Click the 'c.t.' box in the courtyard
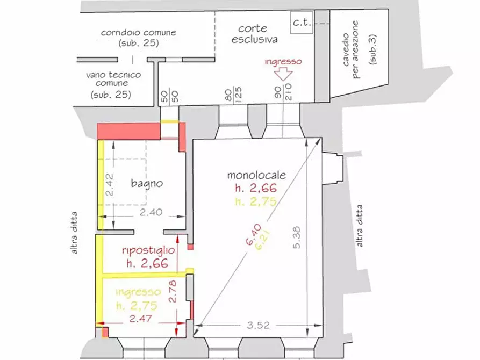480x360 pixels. pos(302,23)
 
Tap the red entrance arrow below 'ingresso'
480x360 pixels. pos(283,74)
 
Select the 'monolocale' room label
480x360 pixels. pos(256,175)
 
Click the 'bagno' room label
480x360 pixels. pos(147,183)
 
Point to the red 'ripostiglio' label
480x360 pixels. pos(148,250)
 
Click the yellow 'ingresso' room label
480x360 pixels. pos(138,292)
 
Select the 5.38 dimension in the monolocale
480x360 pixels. pos(297,237)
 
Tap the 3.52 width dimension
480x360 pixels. pos(259,325)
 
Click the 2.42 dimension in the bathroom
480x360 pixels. pos(109,185)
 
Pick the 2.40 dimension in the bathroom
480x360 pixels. pos(151,212)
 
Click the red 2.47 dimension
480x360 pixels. pos(140,319)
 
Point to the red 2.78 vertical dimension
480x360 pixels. pos(173,291)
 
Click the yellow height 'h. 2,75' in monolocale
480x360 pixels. pos(256,201)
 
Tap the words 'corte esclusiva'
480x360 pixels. pos(254,34)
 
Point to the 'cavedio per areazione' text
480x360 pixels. pos(351,49)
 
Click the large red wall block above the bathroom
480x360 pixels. pos(129,131)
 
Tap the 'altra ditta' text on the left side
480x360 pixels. pos(74,233)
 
